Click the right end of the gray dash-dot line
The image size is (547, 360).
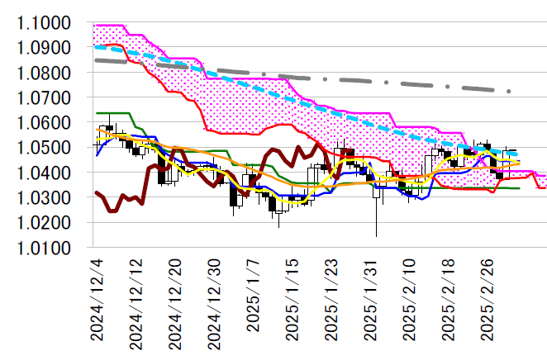click(510, 91)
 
